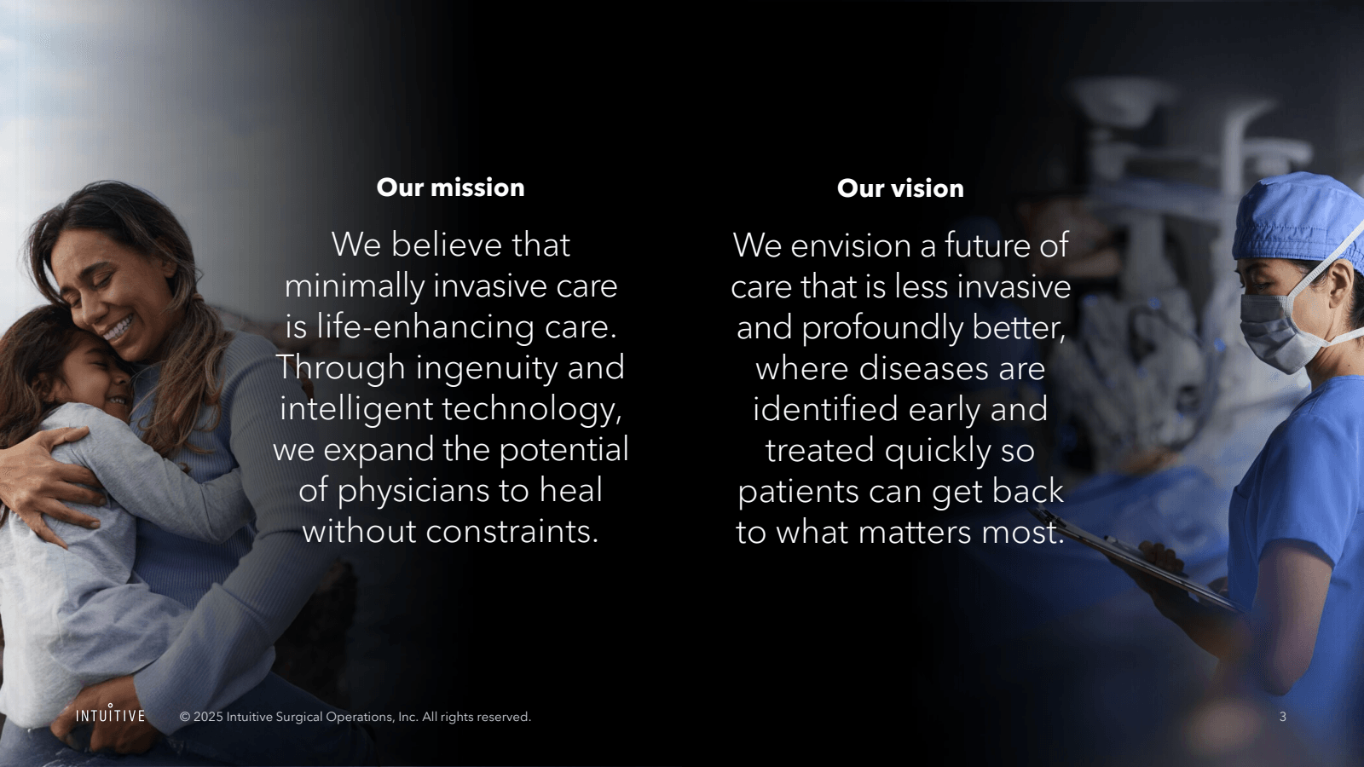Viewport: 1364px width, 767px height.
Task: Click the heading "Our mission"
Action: [450, 187]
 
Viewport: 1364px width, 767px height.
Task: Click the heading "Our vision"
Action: [900, 188]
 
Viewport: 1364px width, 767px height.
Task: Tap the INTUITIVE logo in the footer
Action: [110, 715]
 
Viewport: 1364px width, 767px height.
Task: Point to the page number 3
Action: [1282, 717]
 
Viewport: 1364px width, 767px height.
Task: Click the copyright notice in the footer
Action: [355, 717]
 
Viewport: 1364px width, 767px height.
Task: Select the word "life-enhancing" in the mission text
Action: [425, 327]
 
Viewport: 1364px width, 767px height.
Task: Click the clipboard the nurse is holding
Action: [1142, 562]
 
